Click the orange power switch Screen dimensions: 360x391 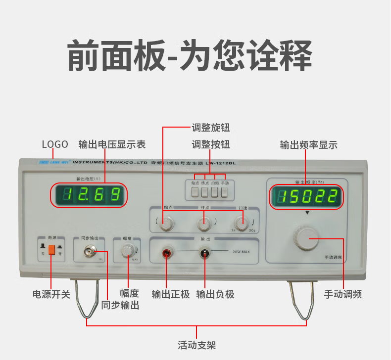click(51, 250)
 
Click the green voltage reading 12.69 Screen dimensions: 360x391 click(89, 195)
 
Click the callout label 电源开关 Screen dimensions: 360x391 click(51, 294)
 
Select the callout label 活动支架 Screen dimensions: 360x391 click(196, 345)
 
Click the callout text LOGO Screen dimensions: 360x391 click(55, 144)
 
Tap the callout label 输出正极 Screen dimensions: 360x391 click(171, 294)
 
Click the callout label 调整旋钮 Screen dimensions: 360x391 click(211, 128)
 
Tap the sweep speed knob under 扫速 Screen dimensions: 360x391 click(241, 224)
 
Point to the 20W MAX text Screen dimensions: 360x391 click(241, 252)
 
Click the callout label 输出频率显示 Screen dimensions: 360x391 click(308, 145)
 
